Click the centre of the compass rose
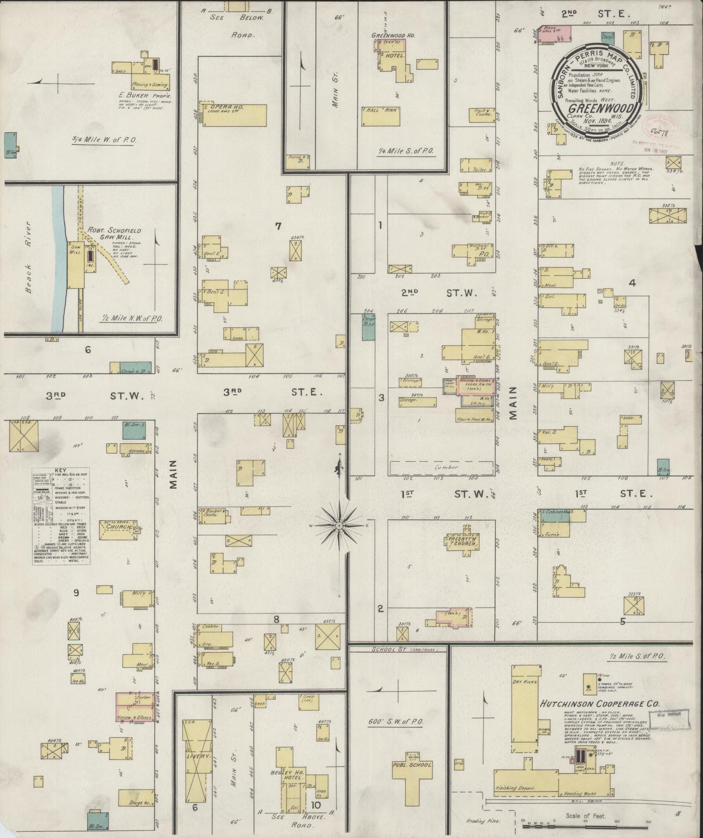point(339,526)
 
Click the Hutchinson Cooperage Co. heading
point(599,703)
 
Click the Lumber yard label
point(447,467)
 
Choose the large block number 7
point(278,225)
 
